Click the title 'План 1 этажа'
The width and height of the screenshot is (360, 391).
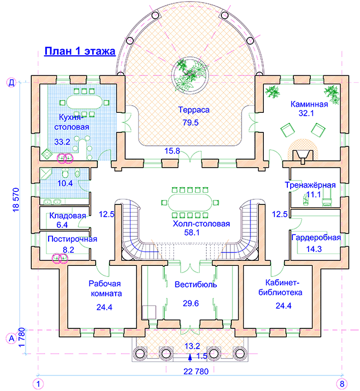click(x=79, y=52)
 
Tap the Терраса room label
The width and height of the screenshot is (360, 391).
click(x=194, y=110)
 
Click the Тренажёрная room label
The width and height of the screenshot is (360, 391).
click(x=310, y=185)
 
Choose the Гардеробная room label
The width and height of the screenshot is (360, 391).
click(x=316, y=238)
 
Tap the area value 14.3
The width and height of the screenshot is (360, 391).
click(x=315, y=250)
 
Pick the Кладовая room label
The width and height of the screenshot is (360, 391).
click(x=68, y=216)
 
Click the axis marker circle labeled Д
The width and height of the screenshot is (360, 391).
click(x=11, y=83)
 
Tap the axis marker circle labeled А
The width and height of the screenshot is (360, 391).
click(x=11, y=338)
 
